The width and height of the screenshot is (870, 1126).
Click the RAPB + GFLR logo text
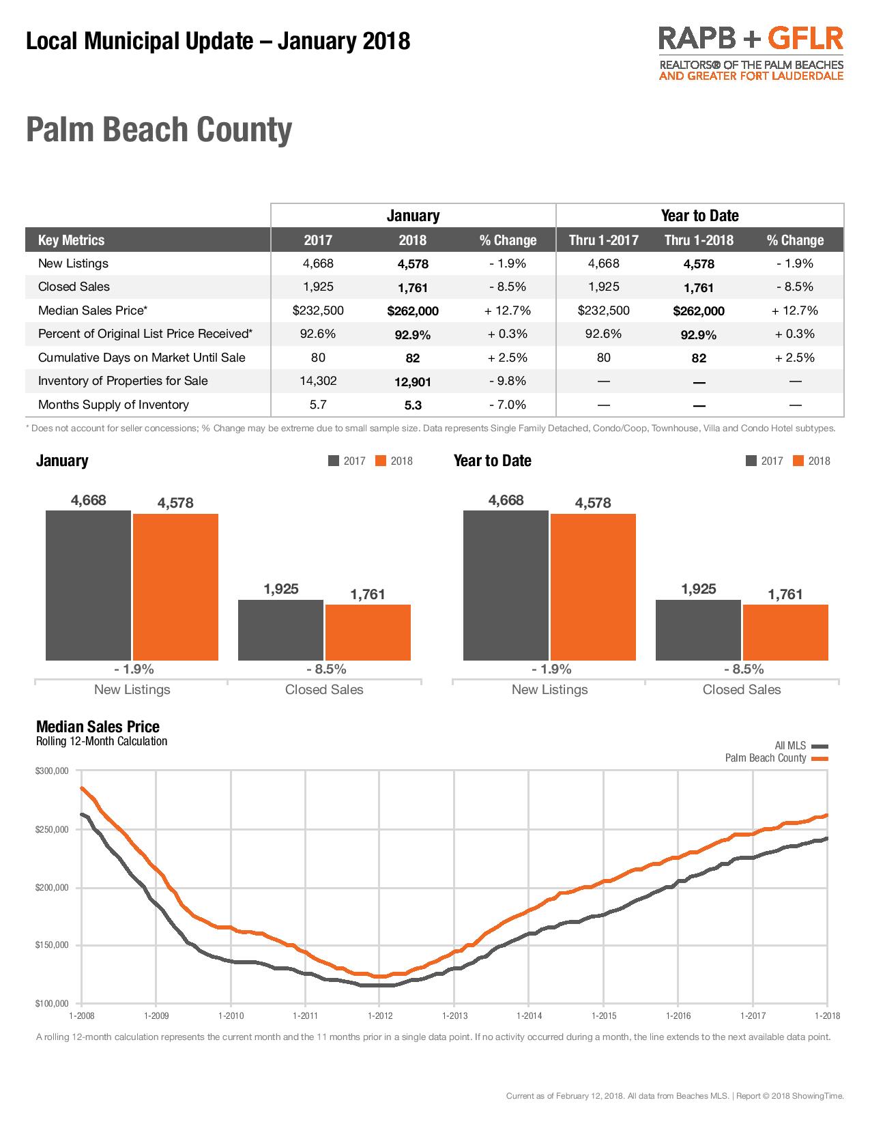click(x=751, y=39)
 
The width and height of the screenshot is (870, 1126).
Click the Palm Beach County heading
click(x=159, y=130)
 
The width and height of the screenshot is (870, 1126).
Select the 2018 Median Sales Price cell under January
click(x=412, y=311)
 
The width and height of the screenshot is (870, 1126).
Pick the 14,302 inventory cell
click(x=318, y=381)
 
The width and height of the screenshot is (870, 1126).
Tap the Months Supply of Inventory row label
click(x=113, y=405)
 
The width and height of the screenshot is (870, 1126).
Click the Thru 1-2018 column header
click(x=699, y=240)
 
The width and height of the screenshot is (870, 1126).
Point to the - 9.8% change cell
click(x=507, y=381)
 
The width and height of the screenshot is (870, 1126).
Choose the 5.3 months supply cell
click(x=412, y=405)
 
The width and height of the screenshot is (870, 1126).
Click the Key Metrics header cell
click(x=71, y=240)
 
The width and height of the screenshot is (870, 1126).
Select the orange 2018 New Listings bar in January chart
click(x=175, y=587)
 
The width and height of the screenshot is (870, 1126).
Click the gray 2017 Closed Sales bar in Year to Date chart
click(x=697, y=630)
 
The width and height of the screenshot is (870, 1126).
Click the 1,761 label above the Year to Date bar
click(x=785, y=594)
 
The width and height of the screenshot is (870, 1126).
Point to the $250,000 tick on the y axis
click(x=52, y=829)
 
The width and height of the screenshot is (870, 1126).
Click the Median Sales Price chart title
click(x=98, y=727)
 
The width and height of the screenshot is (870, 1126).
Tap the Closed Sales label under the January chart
click(x=324, y=689)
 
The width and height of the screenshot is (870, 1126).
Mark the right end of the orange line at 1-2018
click(x=827, y=815)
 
